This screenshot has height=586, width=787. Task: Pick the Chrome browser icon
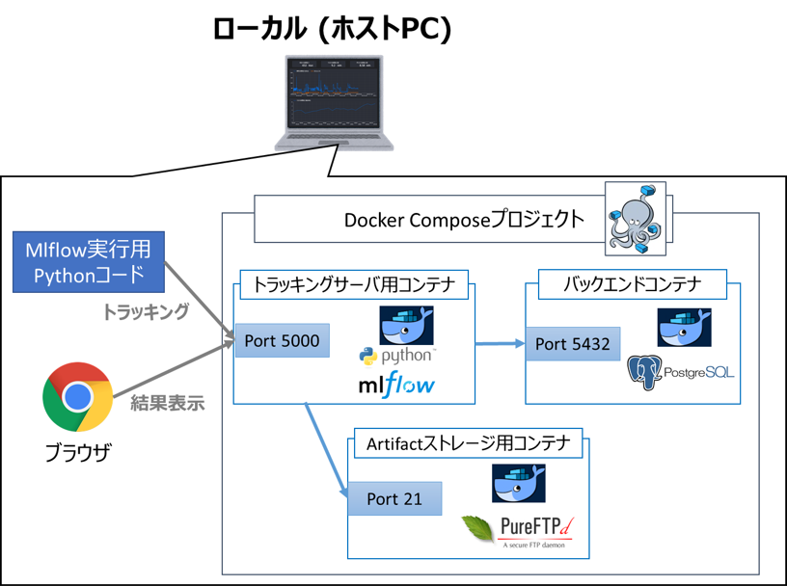(x=77, y=397)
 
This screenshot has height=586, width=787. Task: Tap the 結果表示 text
(x=167, y=404)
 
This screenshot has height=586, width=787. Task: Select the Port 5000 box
(x=278, y=340)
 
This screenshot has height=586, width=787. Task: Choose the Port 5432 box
(x=572, y=343)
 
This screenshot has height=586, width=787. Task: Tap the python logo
(x=395, y=358)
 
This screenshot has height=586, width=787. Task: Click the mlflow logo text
(x=395, y=386)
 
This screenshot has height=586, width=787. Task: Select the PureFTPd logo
(x=521, y=529)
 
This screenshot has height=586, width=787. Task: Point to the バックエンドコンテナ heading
(x=631, y=284)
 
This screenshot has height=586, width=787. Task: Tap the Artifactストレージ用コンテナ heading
(x=469, y=444)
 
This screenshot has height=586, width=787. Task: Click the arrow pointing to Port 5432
(x=498, y=342)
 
